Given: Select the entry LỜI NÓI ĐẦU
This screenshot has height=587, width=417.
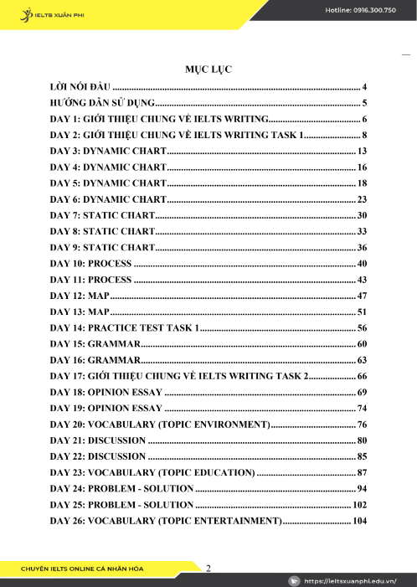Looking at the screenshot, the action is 80,86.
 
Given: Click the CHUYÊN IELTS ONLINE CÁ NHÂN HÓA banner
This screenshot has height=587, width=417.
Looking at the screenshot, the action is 83,569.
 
